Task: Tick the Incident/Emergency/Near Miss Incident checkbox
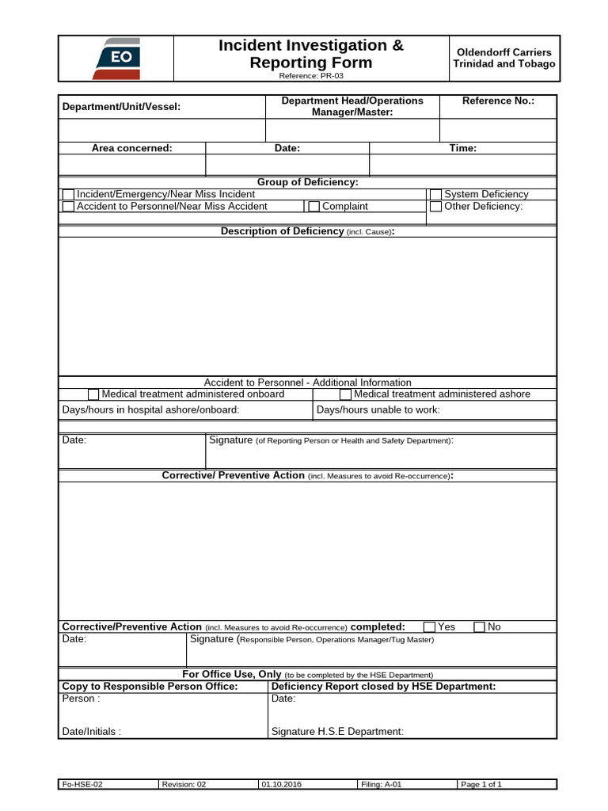coord(69,195)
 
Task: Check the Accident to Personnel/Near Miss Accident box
coord(69,207)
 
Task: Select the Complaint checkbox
coord(314,207)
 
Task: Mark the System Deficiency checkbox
coord(435,195)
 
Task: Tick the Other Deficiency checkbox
coord(435,207)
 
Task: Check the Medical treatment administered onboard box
coord(93,394)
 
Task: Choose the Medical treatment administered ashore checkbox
coord(345,394)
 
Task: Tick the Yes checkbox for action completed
coord(430,627)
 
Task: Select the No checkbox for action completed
coord(480,627)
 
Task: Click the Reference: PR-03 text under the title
coord(310,76)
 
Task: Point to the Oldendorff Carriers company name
coord(503,52)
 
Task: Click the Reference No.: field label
coord(498,101)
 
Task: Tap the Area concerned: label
coord(132,148)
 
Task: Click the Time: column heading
coord(463,148)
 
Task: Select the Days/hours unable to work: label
coord(378,410)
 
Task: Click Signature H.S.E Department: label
coord(337,732)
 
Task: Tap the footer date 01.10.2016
coord(282,785)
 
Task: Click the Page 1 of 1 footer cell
coord(481,785)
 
